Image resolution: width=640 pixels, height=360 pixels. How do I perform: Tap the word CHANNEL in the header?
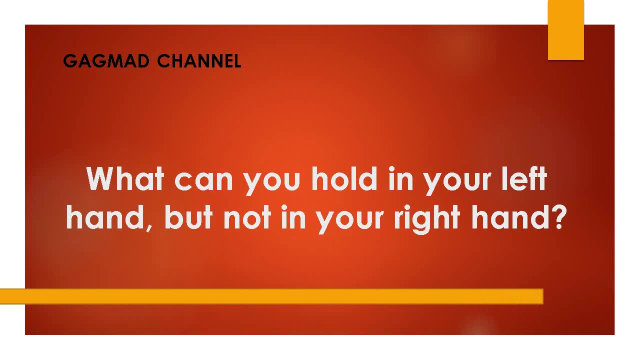pos(199,61)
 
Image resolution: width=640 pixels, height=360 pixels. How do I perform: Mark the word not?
pos(246,218)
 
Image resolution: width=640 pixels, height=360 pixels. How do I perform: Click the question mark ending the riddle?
pos(557,217)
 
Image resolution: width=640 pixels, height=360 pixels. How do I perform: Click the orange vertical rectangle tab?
pos(565,30)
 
